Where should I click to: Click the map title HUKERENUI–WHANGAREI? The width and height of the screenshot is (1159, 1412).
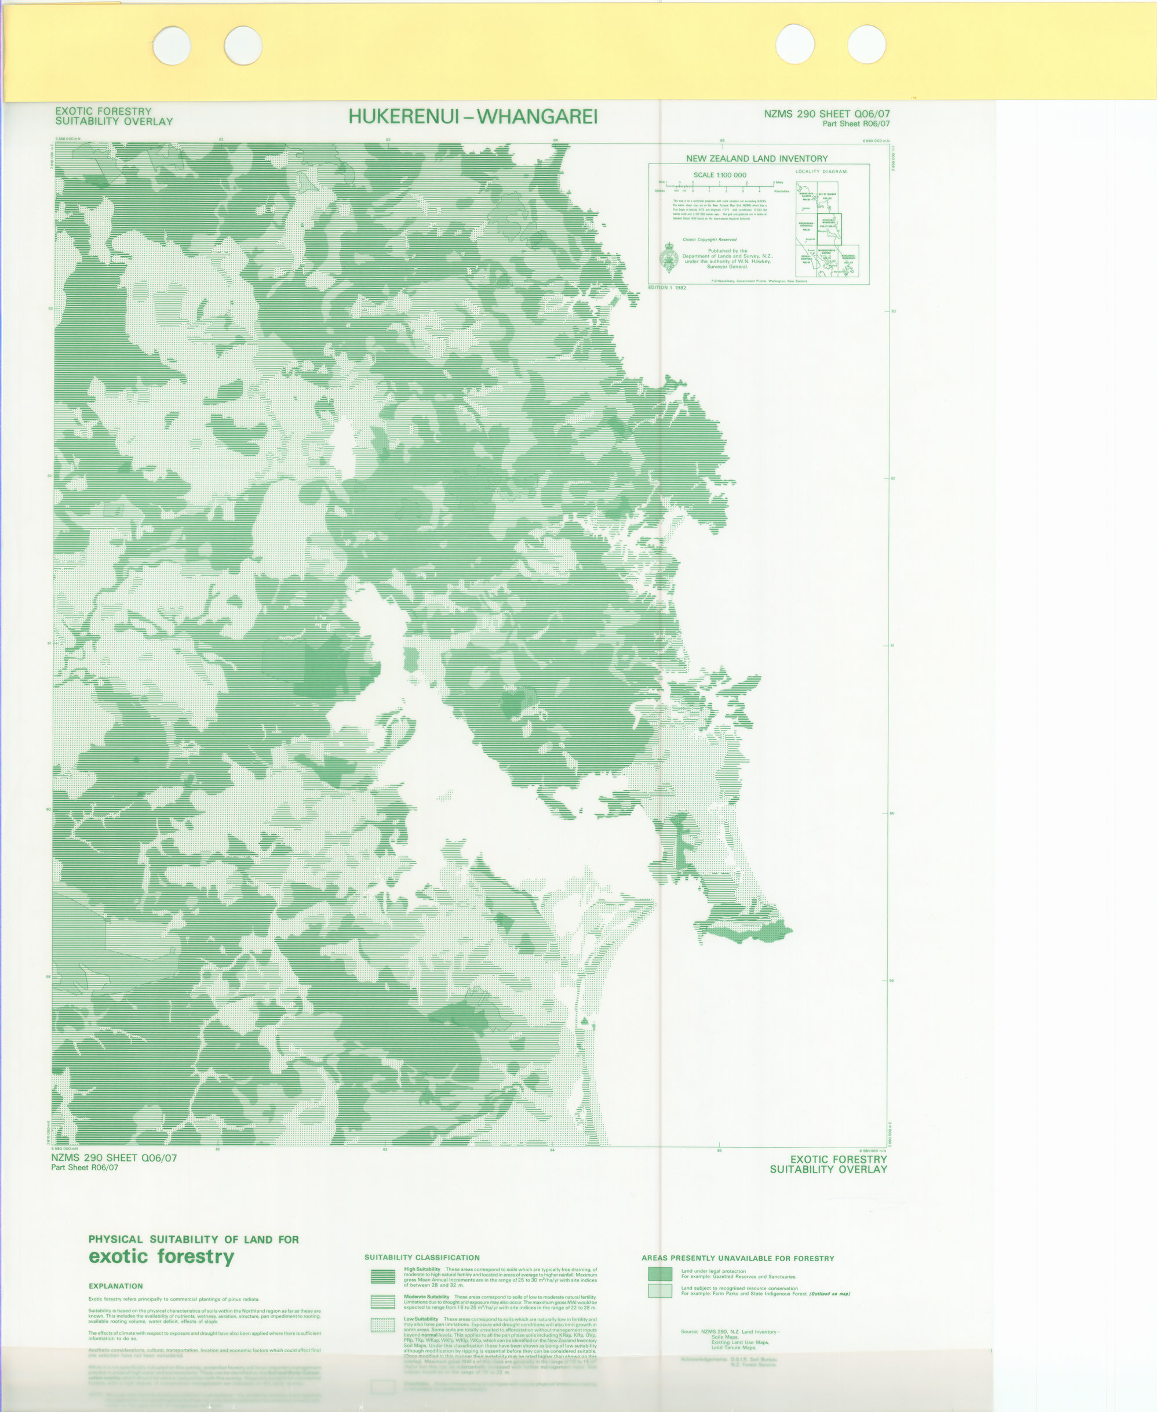[x=473, y=117]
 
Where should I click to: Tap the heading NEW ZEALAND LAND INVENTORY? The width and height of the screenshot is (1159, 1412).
[x=756, y=159]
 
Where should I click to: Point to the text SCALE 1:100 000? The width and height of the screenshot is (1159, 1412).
[x=719, y=175]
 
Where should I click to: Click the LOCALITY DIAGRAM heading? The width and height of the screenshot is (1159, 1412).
[x=821, y=172]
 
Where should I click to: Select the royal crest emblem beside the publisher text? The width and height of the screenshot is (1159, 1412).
[x=668, y=257]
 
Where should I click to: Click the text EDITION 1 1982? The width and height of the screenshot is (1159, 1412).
[x=667, y=288]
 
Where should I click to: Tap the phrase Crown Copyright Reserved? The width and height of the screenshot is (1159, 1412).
[x=709, y=239]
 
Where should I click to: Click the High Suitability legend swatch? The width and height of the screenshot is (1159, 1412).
[x=383, y=1276]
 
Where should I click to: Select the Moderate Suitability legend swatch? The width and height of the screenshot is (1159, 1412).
[x=383, y=1302]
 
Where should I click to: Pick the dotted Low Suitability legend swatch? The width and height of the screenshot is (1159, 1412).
[x=383, y=1325]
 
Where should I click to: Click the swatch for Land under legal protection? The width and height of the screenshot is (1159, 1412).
[x=659, y=1274]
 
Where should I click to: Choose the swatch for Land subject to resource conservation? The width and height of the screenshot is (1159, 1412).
[x=659, y=1291]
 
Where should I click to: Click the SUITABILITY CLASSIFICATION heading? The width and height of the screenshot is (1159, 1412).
[x=422, y=1258]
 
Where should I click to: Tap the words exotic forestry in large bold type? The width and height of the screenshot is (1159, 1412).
[x=161, y=1257]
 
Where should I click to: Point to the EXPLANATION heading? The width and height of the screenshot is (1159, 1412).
[x=115, y=1286]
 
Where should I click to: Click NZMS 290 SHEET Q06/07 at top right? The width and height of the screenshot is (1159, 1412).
[x=826, y=114]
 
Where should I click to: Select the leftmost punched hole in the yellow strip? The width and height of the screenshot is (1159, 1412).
[x=172, y=45]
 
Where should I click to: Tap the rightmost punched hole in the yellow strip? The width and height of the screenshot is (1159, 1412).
[x=866, y=44]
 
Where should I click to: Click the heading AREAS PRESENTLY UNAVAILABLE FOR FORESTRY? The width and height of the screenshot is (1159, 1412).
[x=738, y=1258]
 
